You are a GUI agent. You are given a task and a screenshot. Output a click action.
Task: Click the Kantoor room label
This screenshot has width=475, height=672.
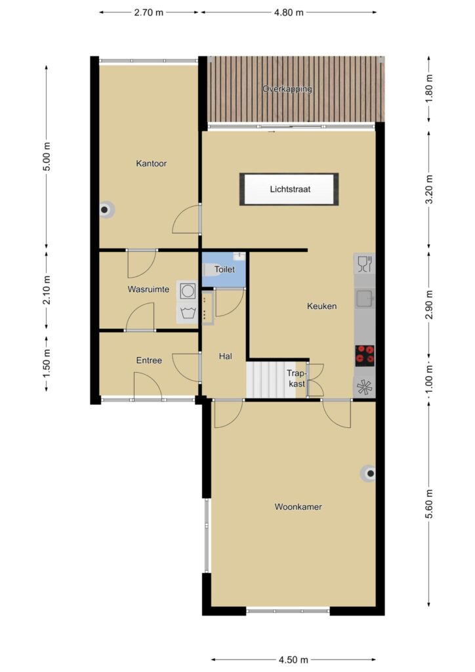[151, 163]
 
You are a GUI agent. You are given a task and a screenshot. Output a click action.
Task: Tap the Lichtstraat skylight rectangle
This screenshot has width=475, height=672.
[289, 189]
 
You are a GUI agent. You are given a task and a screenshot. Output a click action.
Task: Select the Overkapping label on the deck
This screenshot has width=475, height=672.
[287, 89]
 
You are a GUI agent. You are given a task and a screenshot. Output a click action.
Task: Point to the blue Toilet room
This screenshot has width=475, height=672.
[224, 270]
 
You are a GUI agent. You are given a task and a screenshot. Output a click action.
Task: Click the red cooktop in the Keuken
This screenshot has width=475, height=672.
[365, 355]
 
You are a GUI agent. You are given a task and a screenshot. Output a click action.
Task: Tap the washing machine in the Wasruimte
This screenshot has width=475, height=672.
[187, 291]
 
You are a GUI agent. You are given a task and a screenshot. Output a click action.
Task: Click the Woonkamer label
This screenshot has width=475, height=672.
[298, 507]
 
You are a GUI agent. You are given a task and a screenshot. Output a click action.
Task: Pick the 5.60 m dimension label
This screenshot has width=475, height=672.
[429, 504]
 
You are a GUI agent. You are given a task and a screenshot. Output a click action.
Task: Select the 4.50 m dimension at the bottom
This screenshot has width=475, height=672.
[293, 660]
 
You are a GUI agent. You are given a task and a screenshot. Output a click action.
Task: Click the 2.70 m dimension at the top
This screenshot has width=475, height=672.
[149, 12]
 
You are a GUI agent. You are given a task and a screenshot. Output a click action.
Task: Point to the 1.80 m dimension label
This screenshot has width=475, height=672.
[430, 89]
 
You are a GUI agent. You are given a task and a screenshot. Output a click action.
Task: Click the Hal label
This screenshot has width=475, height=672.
[225, 356]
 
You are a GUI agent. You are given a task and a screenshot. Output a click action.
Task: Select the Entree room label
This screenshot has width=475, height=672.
[149, 360]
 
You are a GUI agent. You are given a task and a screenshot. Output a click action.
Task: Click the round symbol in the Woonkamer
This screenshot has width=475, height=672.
[369, 474]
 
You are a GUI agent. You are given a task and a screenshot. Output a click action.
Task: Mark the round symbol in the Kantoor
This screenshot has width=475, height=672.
[106, 210]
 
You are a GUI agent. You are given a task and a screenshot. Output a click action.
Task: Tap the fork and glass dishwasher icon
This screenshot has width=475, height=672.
[365, 264]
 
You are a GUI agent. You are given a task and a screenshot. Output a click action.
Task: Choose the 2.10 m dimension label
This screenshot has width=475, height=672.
[47, 289]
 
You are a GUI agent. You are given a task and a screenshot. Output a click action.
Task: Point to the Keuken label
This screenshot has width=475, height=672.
[321, 306]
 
